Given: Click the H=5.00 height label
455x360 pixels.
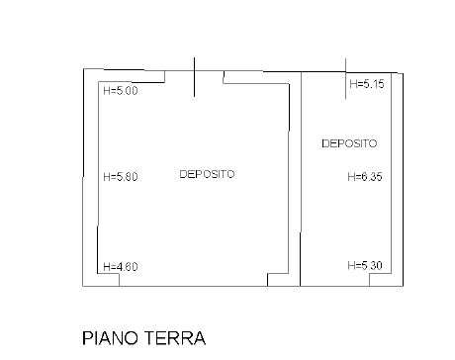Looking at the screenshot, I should [x=121, y=92].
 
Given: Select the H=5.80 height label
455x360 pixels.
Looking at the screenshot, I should [x=121, y=179].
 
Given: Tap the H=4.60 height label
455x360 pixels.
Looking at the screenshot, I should [x=121, y=266].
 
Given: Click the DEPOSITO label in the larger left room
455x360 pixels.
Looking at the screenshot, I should [x=207, y=175].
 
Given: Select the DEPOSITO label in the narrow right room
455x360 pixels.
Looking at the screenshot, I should [x=349, y=144].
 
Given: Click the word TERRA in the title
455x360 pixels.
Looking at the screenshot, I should [x=179, y=338].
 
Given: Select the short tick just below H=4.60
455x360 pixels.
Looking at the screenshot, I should [x=121, y=280].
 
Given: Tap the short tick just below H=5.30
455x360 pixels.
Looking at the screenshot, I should [x=371, y=280].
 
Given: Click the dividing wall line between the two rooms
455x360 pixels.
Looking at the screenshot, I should [x=301, y=178].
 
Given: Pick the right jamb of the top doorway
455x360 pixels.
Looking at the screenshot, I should [x=224, y=77].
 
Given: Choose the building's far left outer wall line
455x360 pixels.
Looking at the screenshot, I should [x=82, y=178].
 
